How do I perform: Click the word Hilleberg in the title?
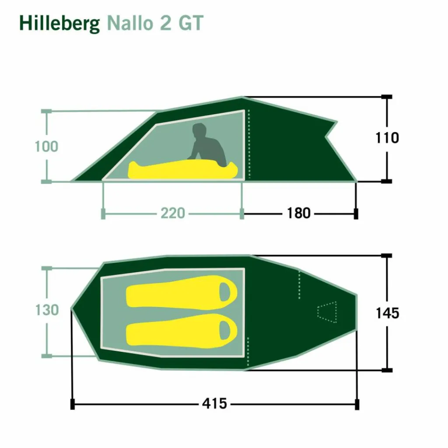[x=59, y=24]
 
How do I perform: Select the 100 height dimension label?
[x=46, y=147]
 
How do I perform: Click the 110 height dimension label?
[x=387, y=138]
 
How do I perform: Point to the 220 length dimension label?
[x=172, y=213]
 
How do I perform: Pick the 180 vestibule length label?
[x=298, y=213]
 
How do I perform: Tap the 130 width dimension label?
[x=47, y=310]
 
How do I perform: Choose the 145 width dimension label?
[x=387, y=313]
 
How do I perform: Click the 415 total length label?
[x=214, y=404]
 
